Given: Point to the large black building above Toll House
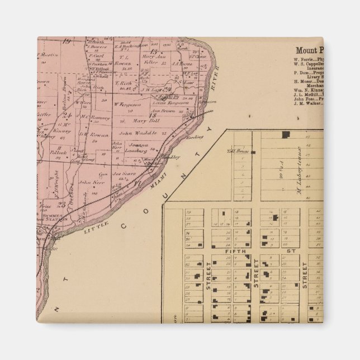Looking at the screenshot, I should tap(286, 135).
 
